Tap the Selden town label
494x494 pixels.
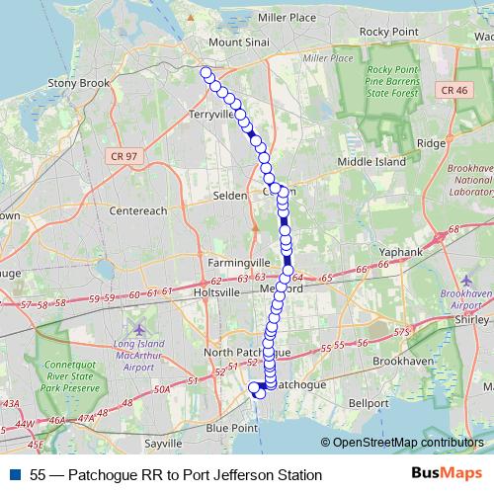[230, 196]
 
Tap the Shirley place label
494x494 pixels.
[468, 320]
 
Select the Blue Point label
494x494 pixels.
[231, 428]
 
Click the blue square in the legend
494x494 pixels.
[14, 475]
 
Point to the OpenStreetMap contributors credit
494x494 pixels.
[406, 444]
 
